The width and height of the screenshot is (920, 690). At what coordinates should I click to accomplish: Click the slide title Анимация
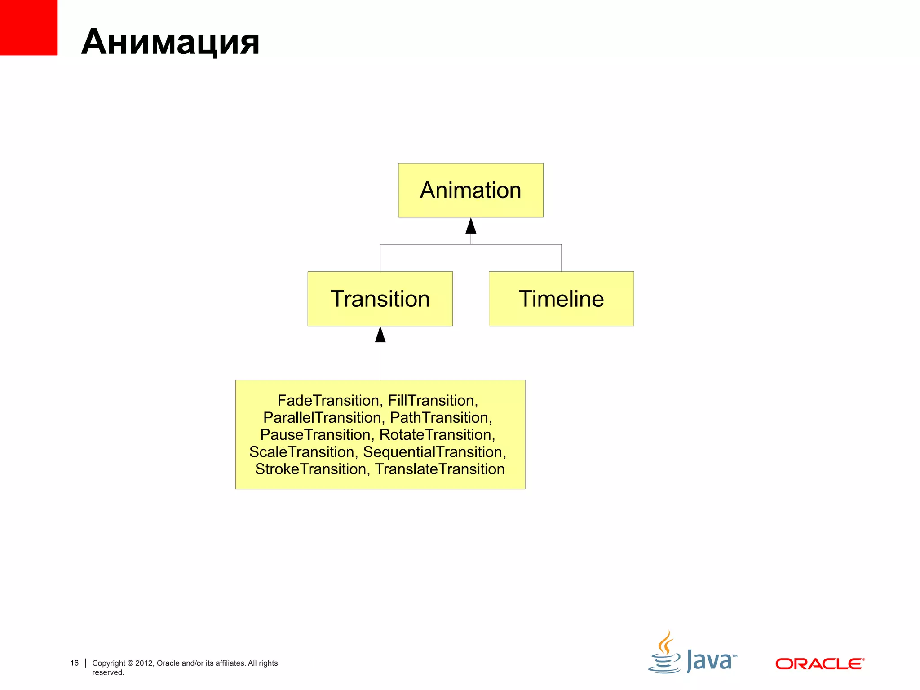pyautogui.click(x=170, y=42)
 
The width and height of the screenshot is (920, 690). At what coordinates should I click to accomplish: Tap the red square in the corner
pyautogui.click(x=28, y=27)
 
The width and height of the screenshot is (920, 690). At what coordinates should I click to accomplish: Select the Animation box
pyautogui.click(x=470, y=190)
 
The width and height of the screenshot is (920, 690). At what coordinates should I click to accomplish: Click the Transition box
pyautogui.click(x=380, y=299)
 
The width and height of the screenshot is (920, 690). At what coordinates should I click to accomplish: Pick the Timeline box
pyautogui.click(x=561, y=299)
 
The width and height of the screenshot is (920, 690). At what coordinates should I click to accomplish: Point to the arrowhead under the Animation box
pyautogui.click(x=470, y=226)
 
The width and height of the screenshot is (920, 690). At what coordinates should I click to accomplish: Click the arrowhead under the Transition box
pyautogui.click(x=380, y=335)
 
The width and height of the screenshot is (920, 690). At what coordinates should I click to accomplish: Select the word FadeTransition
pyautogui.click(x=328, y=400)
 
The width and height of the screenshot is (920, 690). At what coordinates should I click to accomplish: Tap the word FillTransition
pyautogui.click(x=431, y=400)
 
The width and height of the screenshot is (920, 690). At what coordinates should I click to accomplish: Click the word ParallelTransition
pyautogui.click(x=322, y=417)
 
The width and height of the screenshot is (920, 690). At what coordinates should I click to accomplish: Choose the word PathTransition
pyautogui.click(x=439, y=417)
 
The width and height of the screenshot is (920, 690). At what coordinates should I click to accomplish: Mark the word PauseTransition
pyautogui.click(x=315, y=434)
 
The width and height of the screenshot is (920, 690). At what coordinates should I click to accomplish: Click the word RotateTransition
pyautogui.click(x=435, y=434)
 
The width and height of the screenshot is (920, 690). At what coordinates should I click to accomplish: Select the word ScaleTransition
pyautogui.click(x=301, y=451)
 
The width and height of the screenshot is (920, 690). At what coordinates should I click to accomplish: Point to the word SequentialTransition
pyautogui.click(x=433, y=451)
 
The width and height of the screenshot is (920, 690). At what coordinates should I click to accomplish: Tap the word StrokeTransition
pyautogui.click(x=310, y=469)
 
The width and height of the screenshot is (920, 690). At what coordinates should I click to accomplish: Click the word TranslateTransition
pyautogui.click(x=440, y=469)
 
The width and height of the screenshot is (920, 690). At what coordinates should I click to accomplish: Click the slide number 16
pyautogui.click(x=75, y=663)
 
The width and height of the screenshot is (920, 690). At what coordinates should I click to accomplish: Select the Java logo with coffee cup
pyautogui.click(x=692, y=654)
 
